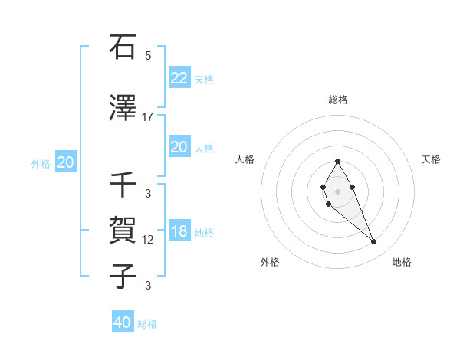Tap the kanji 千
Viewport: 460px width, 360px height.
click(123, 185)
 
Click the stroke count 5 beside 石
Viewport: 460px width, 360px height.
click(148, 56)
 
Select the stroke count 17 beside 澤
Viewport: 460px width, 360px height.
click(148, 117)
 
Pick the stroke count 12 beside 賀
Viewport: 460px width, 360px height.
click(148, 240)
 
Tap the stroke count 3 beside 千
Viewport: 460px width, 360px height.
click(148, 194)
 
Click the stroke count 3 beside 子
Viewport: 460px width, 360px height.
click(148, 286)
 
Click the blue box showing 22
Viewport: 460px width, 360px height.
click(179, 77)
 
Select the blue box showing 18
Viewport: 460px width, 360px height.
click(179, 232)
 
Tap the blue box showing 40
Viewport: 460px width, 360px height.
click(123, 322)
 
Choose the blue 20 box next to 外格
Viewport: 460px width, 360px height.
click(66, 162)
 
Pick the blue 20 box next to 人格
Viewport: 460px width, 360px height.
click(179, 147)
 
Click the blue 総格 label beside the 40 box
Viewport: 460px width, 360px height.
click(147, 324)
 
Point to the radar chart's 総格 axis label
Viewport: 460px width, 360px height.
click(338, 100)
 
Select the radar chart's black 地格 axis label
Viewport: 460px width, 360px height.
click(402, 262)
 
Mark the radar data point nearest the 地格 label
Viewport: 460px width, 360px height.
click(373, 242)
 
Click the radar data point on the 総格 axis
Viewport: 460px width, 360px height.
click(337, 162)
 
